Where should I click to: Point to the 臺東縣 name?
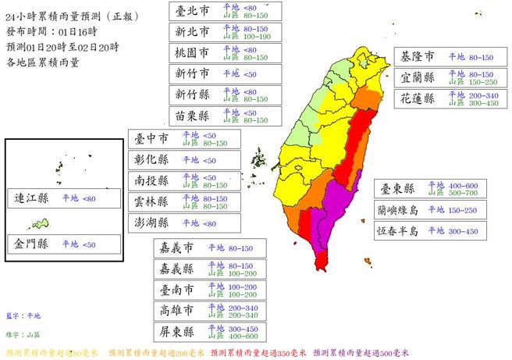click(396, 188)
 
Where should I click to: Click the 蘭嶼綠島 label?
click(402, 209)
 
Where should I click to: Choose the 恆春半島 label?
click(402, 230)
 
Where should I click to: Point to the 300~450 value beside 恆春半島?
click(463, 230)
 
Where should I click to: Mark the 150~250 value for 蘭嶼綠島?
click(463, 209)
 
